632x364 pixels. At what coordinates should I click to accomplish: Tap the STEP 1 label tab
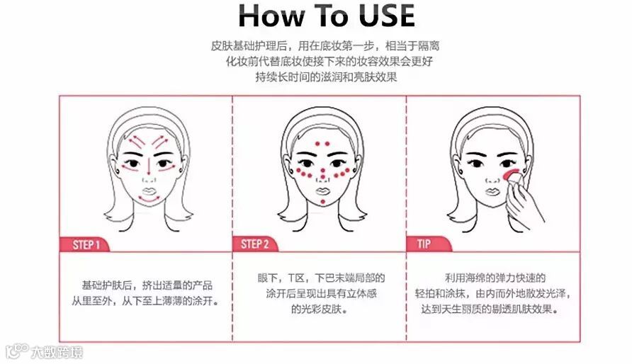(x=85, y=244)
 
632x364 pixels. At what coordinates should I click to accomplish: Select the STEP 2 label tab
(x=255, y=244)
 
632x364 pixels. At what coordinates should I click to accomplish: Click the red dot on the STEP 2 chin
(x=323, y=202)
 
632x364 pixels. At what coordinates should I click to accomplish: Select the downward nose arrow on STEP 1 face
(x=149, y=166)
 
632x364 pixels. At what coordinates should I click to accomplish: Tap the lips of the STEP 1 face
(x=149, y=190)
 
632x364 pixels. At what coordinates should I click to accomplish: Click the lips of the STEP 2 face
(x=323, y=190)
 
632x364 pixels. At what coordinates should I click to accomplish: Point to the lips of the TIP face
(x=492, y=191)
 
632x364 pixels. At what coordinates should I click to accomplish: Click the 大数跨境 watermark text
(x=57, y=353)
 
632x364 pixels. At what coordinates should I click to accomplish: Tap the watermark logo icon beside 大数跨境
(x=17, y=351)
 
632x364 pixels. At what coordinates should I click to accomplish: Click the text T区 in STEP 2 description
(x=296, y=278)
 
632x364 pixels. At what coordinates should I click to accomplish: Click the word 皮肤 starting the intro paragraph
(x=221, y=46)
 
